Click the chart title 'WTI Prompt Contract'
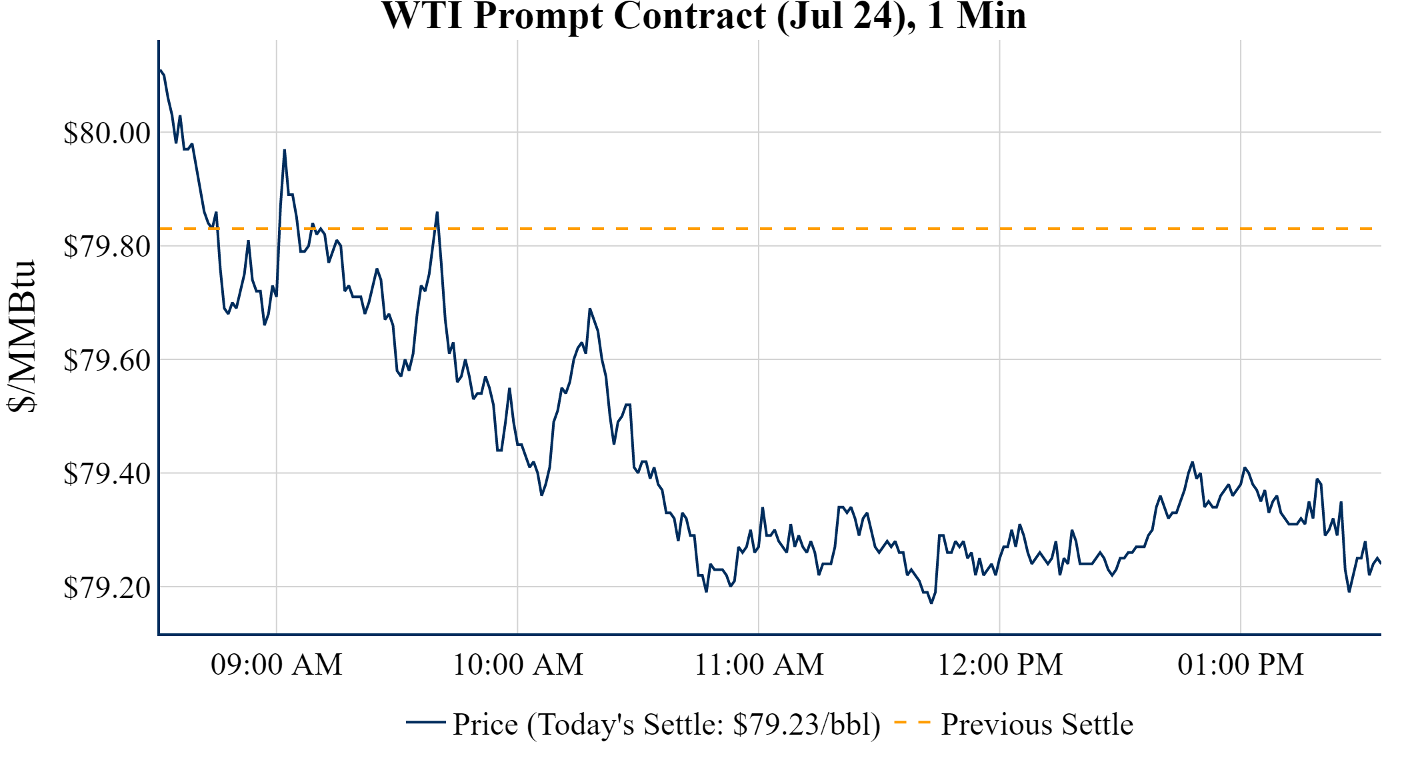point(703,16)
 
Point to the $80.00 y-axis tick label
point(107,133)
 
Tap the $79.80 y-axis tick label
point(107,247)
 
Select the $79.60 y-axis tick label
point(107,360)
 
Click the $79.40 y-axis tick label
point(107,474)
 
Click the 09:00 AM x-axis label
point(276,665)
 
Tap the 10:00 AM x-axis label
point(517,665)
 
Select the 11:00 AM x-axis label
point(759,665)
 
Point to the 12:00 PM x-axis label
point(999,665)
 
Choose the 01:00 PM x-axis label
point(1240,665)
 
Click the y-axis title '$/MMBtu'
point(23,337)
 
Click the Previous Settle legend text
point(1037,725)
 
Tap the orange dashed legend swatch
point(911,723)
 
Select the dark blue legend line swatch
point(425,723)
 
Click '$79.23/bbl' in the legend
point(806,725)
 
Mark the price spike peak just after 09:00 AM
point(285,150)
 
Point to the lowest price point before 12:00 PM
point(931,603)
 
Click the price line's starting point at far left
point(160,69)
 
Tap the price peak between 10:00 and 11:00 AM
point(590,309)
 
